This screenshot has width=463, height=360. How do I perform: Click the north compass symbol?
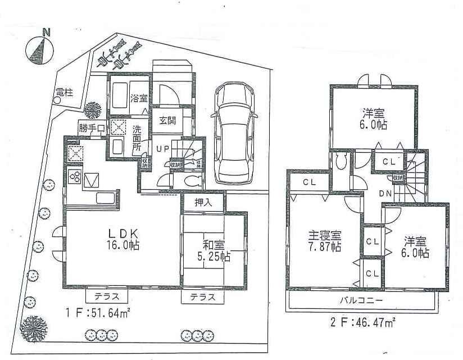pos(38,48)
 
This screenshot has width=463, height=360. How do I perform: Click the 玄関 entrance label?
pos(168,120)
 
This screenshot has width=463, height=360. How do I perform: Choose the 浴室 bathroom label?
pos(139,97)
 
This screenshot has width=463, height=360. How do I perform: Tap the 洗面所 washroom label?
pos(137,138)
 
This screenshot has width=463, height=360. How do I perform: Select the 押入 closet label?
pos(203,203)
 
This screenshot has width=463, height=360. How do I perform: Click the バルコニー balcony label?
pos(361,301)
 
